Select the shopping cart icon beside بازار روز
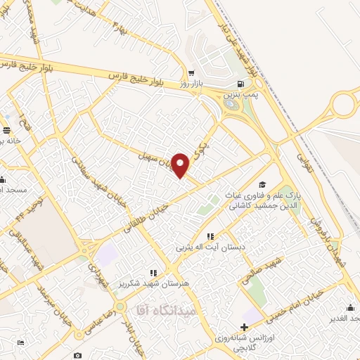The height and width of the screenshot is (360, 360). click(191, 73)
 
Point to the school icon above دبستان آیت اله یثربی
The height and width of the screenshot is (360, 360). click(210, 237)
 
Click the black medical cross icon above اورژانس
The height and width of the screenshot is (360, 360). click(244, 326)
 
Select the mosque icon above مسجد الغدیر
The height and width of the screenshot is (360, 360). click(350, 307)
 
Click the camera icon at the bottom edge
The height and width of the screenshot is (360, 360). click(77, 356)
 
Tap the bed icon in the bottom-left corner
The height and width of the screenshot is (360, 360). click(20, 342)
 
